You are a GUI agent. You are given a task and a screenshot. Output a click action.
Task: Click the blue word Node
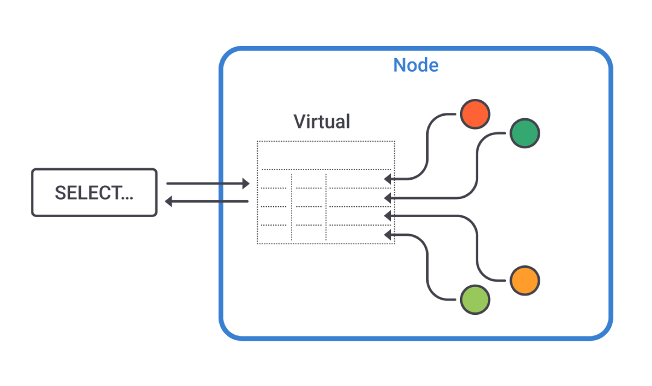point(415,65)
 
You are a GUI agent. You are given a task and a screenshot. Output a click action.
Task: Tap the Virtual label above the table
point(321,121)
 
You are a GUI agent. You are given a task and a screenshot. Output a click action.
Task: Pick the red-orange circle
point(475,114)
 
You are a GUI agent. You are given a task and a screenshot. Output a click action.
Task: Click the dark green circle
point(524,133)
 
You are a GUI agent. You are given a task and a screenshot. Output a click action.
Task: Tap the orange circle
point(524,280)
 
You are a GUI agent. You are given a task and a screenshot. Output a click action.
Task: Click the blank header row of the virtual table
point(326,156)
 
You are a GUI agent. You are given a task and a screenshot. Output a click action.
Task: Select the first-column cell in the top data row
point(274,180)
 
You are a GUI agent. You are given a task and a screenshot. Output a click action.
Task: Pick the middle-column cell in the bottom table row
point(308,234)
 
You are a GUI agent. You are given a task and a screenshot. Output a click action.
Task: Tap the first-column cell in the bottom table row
point(274,234)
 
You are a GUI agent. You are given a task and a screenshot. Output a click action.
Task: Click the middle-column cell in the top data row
point(308,180)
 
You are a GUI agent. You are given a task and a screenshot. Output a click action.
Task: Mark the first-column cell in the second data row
point(274,198)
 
